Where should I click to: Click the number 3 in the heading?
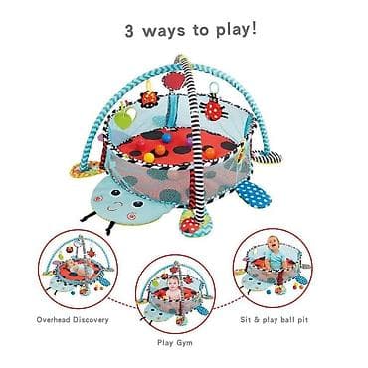130,32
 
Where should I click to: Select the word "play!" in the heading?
237,29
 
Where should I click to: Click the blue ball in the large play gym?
166,138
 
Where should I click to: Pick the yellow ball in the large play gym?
149,158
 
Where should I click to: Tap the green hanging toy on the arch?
122,118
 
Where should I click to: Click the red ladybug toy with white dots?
212,110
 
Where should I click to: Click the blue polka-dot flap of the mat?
255,194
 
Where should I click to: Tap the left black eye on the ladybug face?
115,193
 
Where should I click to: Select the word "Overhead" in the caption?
54,320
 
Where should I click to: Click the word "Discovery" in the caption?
91,320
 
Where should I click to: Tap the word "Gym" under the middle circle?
184,343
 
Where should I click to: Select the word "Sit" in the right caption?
246,320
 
